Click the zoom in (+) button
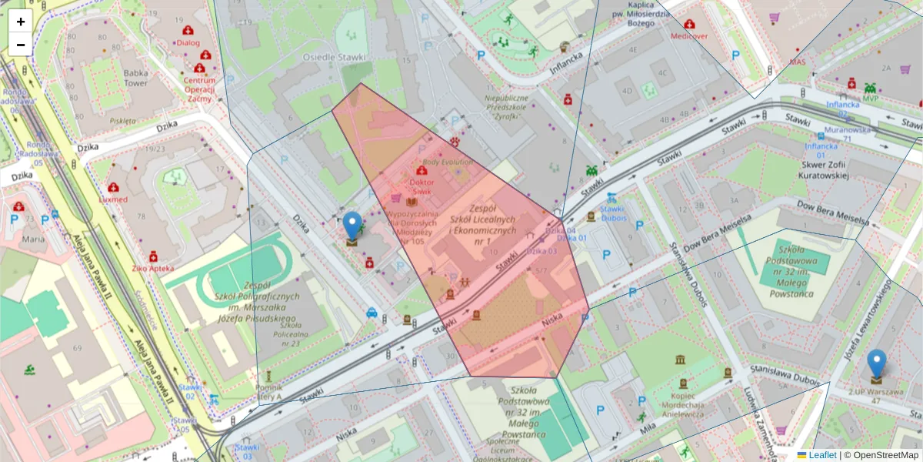click(x=21, y=22)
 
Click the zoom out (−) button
click(x=21, y=45)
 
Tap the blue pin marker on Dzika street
click(x=352, y=226)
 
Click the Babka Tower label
click(x=136, y=78)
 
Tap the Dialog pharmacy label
click(x=188, y=43)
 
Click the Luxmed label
click(x=113, y=199)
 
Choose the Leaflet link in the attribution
click(x=822, y=455)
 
